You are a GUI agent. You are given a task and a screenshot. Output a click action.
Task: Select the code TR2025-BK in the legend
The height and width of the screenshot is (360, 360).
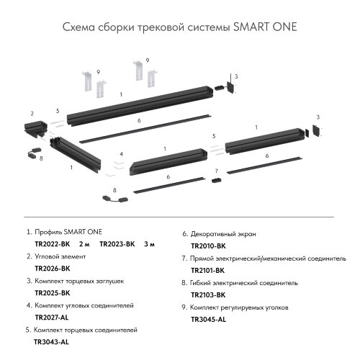point(52,293)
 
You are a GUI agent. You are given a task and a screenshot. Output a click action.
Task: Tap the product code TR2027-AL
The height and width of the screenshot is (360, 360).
point(52,318)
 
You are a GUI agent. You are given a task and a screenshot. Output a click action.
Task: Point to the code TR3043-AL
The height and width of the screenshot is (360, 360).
point(51,342)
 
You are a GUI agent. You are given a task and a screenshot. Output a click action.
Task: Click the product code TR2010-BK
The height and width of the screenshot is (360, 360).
point(208,246)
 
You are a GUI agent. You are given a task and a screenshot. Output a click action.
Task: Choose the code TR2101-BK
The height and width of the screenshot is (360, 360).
point(208,270)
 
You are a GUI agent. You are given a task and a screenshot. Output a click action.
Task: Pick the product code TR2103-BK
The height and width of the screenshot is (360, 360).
point(208,294)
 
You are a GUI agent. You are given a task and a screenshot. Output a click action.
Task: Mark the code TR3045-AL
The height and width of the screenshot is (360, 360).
point(208,319)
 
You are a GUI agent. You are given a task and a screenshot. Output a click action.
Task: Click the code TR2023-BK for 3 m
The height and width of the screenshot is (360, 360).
point(117,244)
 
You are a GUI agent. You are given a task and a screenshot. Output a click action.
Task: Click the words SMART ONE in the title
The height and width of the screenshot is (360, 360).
point(265,27)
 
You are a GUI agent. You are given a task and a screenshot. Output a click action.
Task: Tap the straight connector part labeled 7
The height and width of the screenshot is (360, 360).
point(215,180)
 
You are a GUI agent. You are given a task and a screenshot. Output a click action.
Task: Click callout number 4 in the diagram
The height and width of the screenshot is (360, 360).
point(122,154)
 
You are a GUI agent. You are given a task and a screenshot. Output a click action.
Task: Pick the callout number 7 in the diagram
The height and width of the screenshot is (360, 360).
point(215,171)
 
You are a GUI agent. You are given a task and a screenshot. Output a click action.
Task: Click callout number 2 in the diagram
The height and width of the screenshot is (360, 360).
point(32,113)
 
